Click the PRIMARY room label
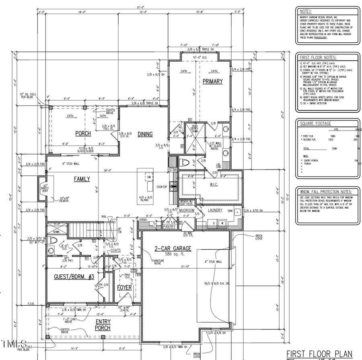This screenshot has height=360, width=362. pyautogui.click(x=213, y=81)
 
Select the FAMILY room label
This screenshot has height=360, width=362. pyautogui.click(x=82, y=179)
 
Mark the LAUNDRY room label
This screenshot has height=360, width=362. pyautogui.click(x=215, y=210)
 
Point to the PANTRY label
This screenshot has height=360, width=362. pyautogui.click(x=169, y=227)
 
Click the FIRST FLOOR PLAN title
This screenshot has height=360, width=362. pyautogui.click(x=320, y=354)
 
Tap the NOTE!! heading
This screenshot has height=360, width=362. pyautogui.click(x=304, y=12)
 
